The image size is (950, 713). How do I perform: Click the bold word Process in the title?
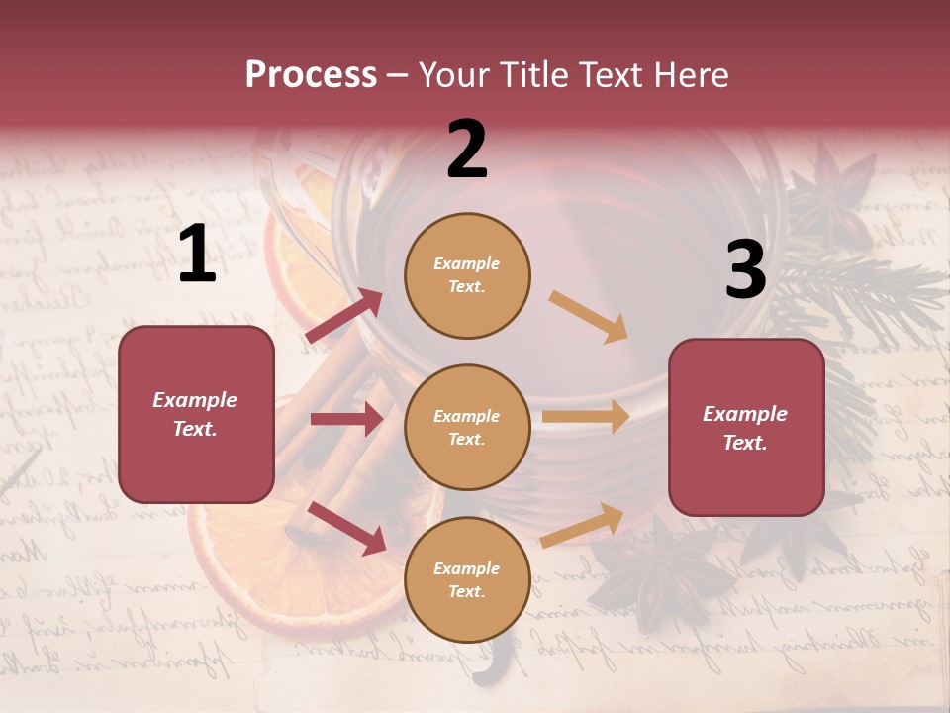tap(311, 75)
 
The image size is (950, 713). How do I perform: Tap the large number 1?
tap(197, 254)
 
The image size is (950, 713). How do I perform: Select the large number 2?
tap(467, 150)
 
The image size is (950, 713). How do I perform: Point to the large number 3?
tap(745, 269)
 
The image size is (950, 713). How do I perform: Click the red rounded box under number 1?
tap(196, 414)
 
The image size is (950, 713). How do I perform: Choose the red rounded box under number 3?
tap(746, 427)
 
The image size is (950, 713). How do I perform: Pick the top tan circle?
tap(467, 275)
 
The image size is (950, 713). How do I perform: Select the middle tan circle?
tap(467, 427)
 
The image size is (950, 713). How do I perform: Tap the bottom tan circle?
tap(467, 579)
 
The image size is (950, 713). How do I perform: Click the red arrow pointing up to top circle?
tap(344, 316)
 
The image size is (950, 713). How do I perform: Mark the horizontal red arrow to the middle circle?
tap(346, 419)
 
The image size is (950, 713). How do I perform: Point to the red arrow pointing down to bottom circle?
tap(346, 528)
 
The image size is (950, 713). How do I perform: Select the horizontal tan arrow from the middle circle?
tap(586, 417)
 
